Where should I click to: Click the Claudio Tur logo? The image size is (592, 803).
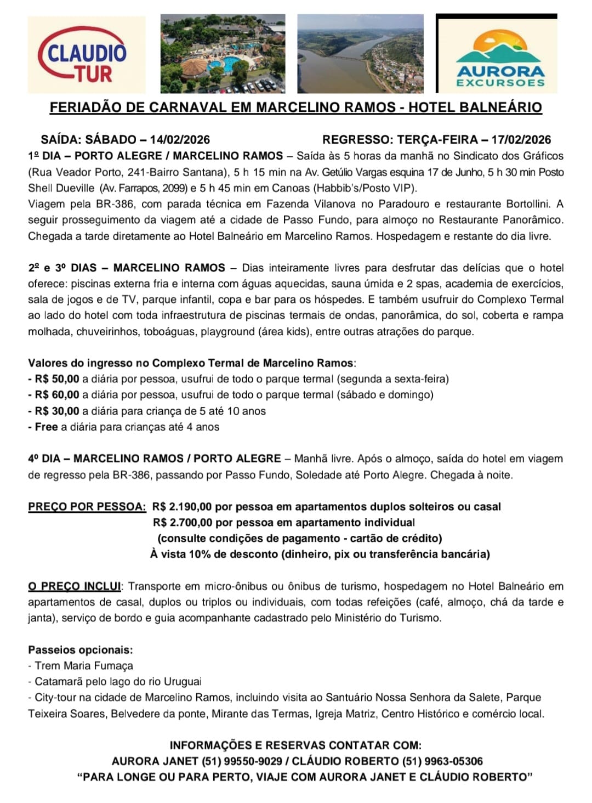pos(86,54)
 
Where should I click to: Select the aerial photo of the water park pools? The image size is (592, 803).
pos(223,54)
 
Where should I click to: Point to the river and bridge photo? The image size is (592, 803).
pos(360,54)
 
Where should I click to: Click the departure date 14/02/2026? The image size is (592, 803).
pos(180,139)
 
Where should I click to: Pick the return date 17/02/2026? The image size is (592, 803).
pos(521,139)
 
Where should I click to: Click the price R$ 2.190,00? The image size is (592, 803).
pos(183,506)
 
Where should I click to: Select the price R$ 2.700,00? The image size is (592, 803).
pos(183,522)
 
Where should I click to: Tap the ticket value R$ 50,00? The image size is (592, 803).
pos(57,378)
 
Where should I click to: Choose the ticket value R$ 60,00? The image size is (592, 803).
pos(57,394)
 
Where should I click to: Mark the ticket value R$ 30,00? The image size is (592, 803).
pos(57,411)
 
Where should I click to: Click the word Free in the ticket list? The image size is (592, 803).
pos(46,427)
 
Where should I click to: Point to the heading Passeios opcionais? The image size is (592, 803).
pos(81,650)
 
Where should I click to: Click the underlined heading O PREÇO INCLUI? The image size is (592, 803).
pos(75,586)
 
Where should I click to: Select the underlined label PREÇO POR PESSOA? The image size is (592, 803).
pos(87,506)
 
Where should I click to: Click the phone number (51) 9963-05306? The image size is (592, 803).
pos(442,761)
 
